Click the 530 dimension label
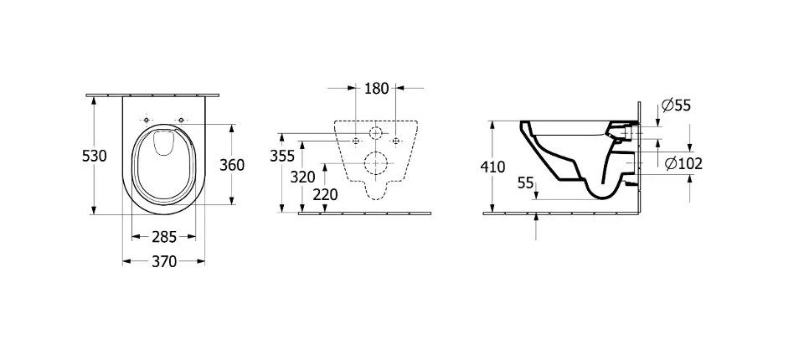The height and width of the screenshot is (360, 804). tap(95, 156)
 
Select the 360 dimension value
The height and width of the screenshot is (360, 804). tap(232, 165)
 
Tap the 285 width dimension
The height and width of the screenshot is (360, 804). tap(164, 237)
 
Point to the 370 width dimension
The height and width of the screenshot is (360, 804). tap(164, 261)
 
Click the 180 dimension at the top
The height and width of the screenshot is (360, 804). tap(376, 88)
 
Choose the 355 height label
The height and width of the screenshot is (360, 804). tap(282, 156)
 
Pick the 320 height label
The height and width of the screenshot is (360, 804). tap(303, 177)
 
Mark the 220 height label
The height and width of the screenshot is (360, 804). tap(326, 195)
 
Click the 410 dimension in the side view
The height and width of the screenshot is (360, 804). tap(492, 167)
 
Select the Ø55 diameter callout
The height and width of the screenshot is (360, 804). tap(676, 105)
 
